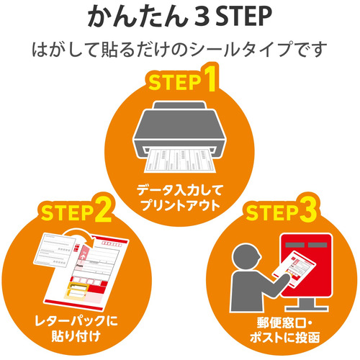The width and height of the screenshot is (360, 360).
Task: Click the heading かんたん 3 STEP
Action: click(x=180, y=17)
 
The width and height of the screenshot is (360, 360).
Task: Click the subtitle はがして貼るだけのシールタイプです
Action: click(x=179, y=50)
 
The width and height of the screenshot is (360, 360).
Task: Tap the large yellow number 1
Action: click(x=211, y=78)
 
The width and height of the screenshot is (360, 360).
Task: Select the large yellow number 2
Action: click(x=104, y=210)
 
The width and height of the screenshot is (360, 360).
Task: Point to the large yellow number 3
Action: click(x=308, y=209)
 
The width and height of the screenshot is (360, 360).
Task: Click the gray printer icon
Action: click(x=180, y=131)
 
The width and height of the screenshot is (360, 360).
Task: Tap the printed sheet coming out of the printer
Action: click(x=180, y=160)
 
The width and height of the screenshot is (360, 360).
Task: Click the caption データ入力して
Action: click(x=180, y=190)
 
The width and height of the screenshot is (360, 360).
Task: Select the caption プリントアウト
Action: click(x=180, y=205)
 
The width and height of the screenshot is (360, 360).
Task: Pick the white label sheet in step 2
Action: click(x=54, y=250)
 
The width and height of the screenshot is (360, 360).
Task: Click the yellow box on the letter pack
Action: click(x=76, y=291)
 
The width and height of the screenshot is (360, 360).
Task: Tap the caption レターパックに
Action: click(x=76, y=321)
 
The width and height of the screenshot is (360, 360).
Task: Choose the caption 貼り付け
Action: click(x=76, y=336)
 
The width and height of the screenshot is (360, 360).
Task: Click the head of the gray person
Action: click(x=246, y=256)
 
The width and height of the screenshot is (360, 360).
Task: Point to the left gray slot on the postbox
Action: click(x=295, y=245)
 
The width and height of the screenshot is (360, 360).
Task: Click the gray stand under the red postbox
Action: click(x=307, y=305)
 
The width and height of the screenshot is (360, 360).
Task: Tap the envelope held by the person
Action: click(x=294, y=269)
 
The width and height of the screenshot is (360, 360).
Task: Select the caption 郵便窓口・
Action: click(x=284, y=323)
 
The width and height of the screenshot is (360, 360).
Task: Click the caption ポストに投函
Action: click(x=284, y=338)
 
